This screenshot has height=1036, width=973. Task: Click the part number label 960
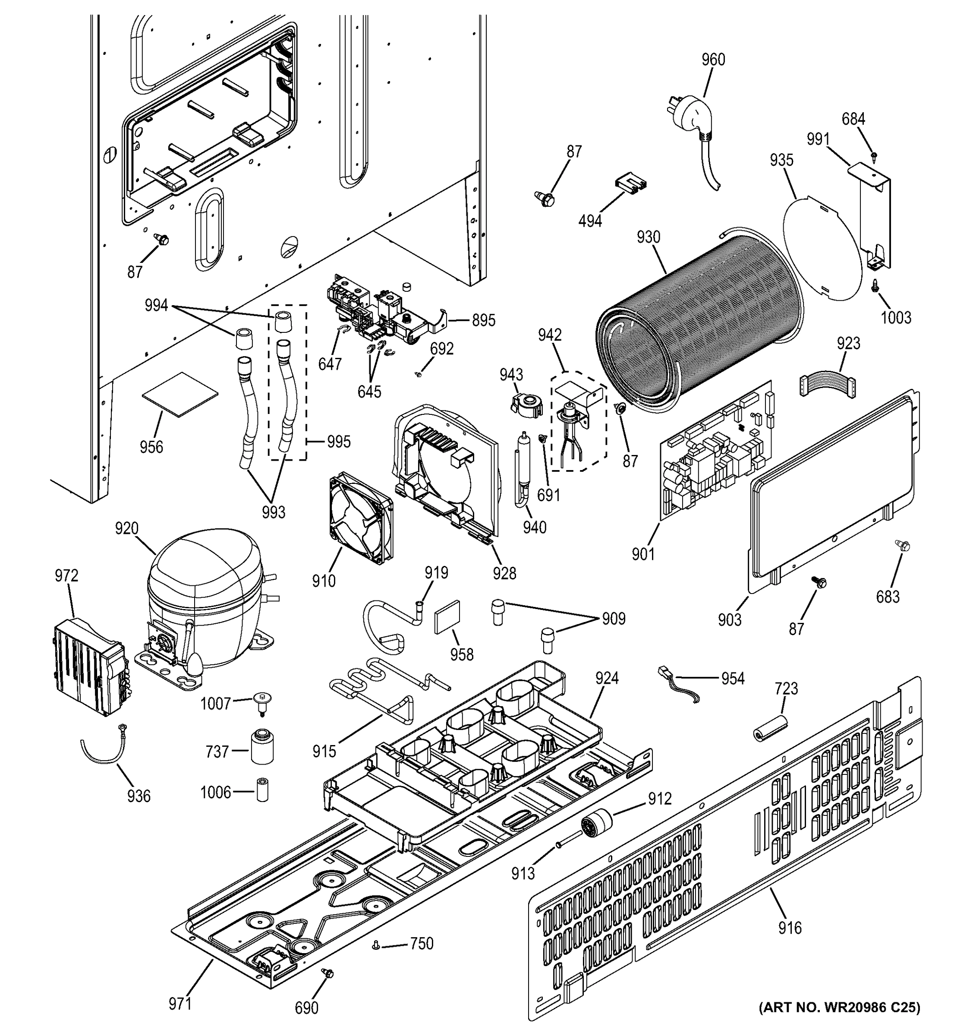click(712, 60)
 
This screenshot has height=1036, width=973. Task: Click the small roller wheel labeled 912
click(595, 825)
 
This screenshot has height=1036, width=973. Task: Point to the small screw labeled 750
click(375, 945)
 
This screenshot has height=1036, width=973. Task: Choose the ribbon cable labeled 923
click(827, 387)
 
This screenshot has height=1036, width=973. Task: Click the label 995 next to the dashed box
click(339, 442)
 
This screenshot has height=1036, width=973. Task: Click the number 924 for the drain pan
click(607, 679)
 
